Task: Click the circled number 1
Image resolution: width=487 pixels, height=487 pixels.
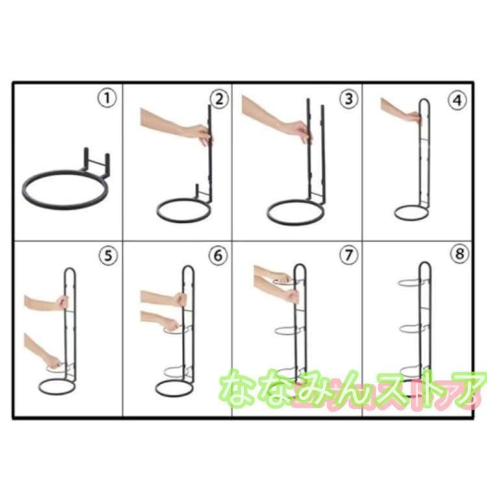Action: (x=107, y=99)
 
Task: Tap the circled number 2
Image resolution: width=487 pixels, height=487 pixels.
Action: (x=219, y=99)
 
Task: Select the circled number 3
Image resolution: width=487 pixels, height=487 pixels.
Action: (x=349, y=99)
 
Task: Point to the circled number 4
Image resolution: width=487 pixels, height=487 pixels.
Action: (x=457, y=101)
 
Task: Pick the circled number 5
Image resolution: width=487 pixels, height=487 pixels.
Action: (x=108, y=256)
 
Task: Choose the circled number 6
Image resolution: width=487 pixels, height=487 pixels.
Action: (x=218, y=255)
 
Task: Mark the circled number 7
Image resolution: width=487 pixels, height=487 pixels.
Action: (x=349, y=255)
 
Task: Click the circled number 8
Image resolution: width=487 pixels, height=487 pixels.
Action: (x=459, y=254)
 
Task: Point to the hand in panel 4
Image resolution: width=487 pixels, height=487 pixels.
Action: (x=414, y=117)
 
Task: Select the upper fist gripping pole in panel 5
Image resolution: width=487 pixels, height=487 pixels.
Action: (x=62, y=302)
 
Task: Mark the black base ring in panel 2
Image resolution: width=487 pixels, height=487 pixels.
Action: (x=183, y=221)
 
